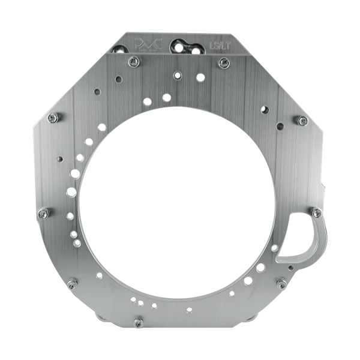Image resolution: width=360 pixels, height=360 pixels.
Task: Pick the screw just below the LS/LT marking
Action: tap(224, 61)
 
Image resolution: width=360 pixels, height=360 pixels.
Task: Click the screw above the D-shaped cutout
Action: tap(313, 211)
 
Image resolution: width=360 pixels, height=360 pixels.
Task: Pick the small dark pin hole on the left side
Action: tap(59, 158)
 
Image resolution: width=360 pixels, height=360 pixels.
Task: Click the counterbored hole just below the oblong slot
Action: tap(177, 74)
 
